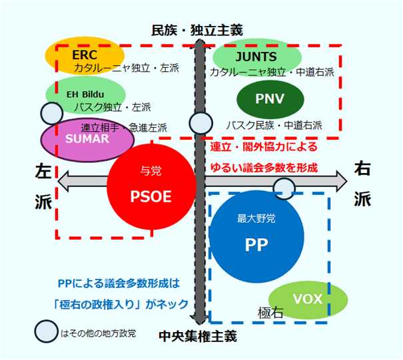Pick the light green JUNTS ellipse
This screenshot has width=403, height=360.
pyautogui.click(x=256, y=56)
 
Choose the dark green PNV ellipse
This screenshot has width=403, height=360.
pyautogui.click(x=270, y=98)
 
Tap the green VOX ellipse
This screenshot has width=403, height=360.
pyautogui.click(x=307, y=299)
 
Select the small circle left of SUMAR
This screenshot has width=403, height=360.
pyautogui.click(x=52, y=114)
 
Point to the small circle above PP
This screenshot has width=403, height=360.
pyautogui.click(x=284, y=188)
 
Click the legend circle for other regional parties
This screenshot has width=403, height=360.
pyautogui.click(x=46, y=331)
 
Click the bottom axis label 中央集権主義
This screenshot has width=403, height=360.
pyautogui.click(x=198, y=336)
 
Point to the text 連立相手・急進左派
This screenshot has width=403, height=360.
pyautogui.click(x=124, y=127)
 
